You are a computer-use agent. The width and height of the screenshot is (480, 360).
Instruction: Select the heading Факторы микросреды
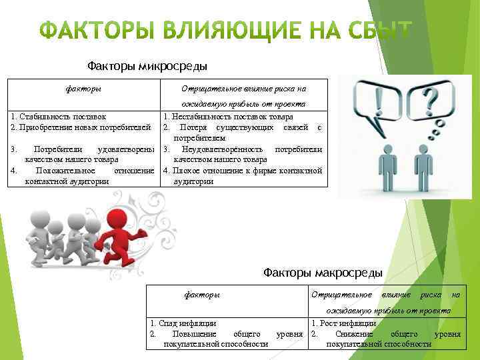pos(147,65)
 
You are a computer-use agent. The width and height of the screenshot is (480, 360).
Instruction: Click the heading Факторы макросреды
pos(323,273)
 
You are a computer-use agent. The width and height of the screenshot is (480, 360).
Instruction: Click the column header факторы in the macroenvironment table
pos(201,295)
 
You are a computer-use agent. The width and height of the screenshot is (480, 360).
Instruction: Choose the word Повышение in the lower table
pos(193,333)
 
